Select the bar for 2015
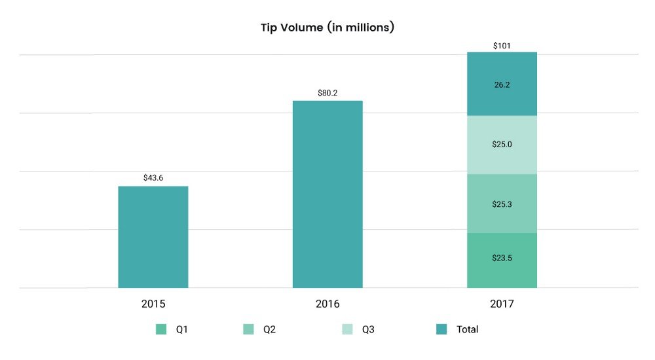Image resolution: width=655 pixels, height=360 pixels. pyautogui.click(x=153, y=237)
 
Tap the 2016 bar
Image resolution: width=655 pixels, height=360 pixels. pyautogui.click(x=327, y=194)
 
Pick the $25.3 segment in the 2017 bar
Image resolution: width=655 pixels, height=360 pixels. pyautogui.click(x=502, y=204)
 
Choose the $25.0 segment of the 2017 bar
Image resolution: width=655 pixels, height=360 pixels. pyautogui.click(x=502, y=145)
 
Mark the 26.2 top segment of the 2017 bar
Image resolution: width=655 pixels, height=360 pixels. pyautogui.click(x=502, y=84)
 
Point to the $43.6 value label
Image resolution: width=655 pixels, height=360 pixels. pyautogui.click(x=153, y=178)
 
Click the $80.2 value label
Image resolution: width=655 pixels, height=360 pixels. pyautogui.click(x=327, y=92)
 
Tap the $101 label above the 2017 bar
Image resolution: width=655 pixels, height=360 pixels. pyautogui.click(x=502, y=46)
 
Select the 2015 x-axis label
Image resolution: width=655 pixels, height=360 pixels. pyautogui.click(x=153, y=304)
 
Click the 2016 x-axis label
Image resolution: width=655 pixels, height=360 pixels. pyautogui.click(x=327, y=304)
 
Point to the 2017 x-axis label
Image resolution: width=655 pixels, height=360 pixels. pyautogui.click(x=502, y=304)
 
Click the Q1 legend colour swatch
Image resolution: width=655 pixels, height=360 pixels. pyautogui.click(x=161, y=329)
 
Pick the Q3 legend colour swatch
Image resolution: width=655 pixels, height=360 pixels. pyautogui.click(x=348, y=329)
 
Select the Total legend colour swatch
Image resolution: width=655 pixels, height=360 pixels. pyautogui.click(x=441, y=329)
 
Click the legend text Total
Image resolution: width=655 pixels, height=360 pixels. pyautogui.click(x=467, y=329)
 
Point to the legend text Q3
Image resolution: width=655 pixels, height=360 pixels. pyautogui.click(x=369, y=329)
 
